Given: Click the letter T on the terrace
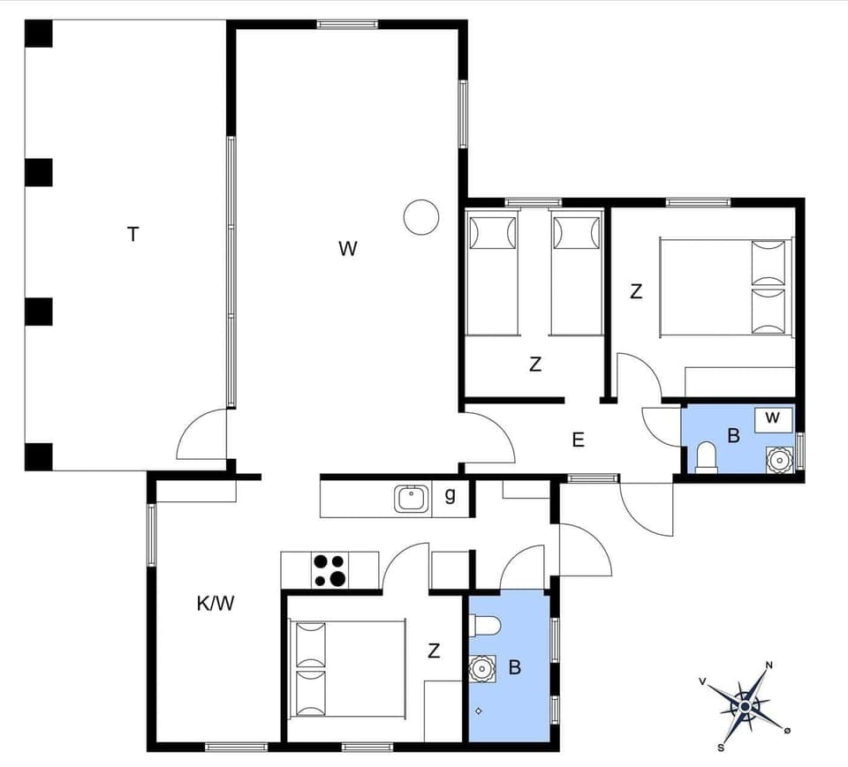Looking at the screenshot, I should pyautogui.click(x=132, y=234).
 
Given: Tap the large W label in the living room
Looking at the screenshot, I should pyautogui.click(x=348, y=249).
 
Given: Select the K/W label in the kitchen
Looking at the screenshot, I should pyautogui.click(x=215, y=604).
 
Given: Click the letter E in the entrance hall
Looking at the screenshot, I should pyautogui.click(x=578, y=440).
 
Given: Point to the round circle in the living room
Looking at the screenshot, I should pyautogui.click(x=421, y=216).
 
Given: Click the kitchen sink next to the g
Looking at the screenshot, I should pyautogui.click(x=411, y=500).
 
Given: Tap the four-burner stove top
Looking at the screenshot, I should pyautogui.click(x=329, y=569).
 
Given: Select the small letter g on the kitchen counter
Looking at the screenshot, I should pyautogui.click(x=450, y=496).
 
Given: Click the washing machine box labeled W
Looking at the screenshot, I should pyautogui.click(x=773, y=418).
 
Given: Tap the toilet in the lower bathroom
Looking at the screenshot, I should pyautogui.click(x=485, y=626).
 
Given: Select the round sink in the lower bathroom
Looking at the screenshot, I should pyautogui.click(x=481, y=668).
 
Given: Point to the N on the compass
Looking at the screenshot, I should pyautogui.click(x=769, y=665).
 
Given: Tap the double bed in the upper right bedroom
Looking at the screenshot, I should pyautogui.click(x=724, y=287).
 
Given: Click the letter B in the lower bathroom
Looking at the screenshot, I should pyautogui.click(x=514, y=668).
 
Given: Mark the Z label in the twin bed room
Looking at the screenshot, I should pyautogui.click(x=534, y=364).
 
